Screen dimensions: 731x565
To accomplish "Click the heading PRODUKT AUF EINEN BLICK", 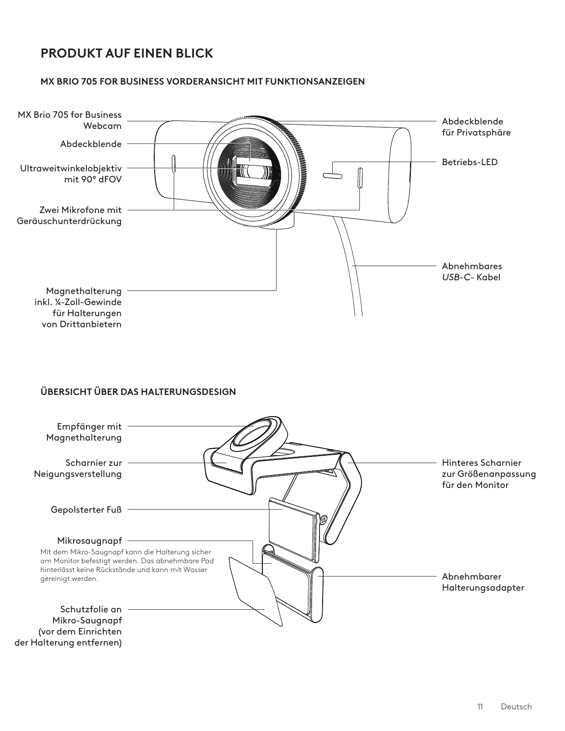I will click(127, 54).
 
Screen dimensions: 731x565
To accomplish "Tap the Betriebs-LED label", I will click(470, 162).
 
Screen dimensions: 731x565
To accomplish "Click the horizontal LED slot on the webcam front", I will click(332, 175).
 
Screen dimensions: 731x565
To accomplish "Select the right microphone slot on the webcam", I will click(360, 178).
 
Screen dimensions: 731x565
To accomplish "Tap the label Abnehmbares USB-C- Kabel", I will click(471, 272).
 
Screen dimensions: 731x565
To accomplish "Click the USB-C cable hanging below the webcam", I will click(350, 266).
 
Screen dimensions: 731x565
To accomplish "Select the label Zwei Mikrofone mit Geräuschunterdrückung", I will click(69, 215).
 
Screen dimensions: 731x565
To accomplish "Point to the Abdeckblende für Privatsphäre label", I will click(476, 127).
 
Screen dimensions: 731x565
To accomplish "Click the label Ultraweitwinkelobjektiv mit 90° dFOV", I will click(71, 174).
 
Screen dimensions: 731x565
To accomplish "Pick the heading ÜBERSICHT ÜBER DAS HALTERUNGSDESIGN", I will click(138, 392).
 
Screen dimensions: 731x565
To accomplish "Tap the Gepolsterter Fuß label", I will click(86, 510).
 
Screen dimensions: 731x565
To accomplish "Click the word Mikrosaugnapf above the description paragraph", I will click(89, 541).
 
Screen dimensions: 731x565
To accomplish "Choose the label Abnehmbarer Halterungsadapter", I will click(483, 582).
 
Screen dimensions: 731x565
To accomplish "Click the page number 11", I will click(480, 707).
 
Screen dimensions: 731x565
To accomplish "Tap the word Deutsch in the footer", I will click(516, 707).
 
